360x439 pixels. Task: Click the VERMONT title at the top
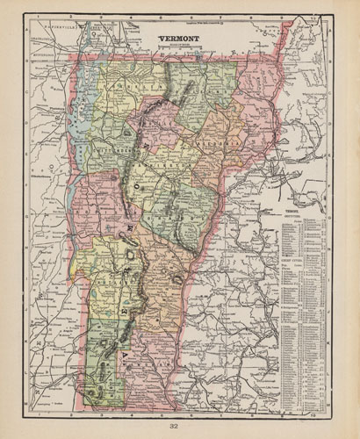pyautogui.click(x=179, y=39)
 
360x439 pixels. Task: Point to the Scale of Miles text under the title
pyautogui.click(x=179, y=47)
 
